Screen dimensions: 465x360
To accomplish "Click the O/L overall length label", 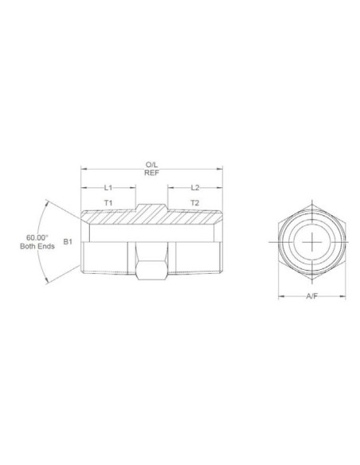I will point(151,164).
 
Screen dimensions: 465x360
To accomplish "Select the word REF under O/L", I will point(151,174).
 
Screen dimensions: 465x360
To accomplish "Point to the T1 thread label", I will point(108,204).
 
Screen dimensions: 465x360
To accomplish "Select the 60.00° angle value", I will point(37,237).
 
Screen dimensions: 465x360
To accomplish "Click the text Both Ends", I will point(37,247).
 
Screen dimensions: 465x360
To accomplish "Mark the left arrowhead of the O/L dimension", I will point(84,169).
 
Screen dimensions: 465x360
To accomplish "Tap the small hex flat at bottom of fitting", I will point(151,275).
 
